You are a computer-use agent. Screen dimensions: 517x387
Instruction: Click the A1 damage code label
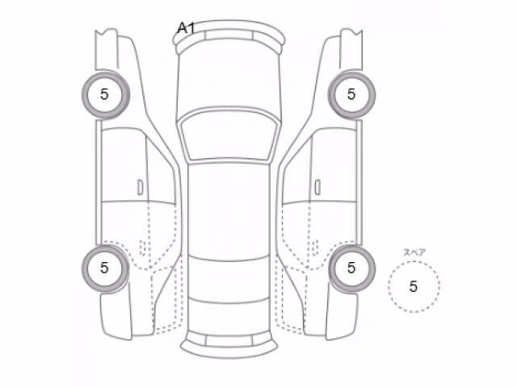tap(187, 28)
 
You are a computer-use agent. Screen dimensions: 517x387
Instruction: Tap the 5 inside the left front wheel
tap(104, 94)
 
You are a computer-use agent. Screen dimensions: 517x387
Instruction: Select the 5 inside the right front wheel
tap(351, 94)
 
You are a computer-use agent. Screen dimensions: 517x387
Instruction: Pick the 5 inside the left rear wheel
tap(104, 268)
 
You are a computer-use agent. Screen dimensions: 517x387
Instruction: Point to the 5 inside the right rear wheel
tap(351, 268)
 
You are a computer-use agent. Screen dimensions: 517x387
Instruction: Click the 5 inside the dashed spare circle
tap(414, 287)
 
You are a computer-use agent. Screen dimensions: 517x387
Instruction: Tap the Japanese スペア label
tap(414, 252)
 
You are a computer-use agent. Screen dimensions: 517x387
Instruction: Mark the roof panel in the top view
tap(229, 210)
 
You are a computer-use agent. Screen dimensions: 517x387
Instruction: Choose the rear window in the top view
tap(229, 279)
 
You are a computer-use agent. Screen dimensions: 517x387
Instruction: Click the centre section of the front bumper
tap(229, 35)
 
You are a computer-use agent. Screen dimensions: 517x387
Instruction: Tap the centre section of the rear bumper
tap(229, 341)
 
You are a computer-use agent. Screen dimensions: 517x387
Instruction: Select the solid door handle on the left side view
tap(140, 187)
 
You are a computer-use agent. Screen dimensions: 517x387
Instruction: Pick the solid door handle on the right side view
tap(317, 187)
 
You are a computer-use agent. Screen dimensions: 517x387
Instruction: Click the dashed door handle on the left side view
tap(143, 248)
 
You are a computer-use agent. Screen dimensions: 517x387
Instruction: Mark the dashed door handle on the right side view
tap(315, 248)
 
